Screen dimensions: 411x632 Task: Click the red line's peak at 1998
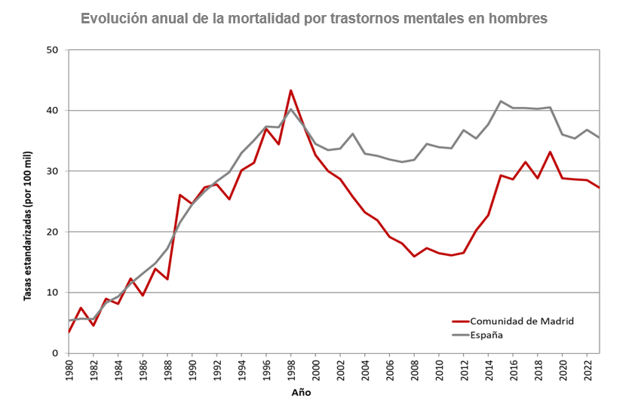(291, 90)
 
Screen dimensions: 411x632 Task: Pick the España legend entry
(486, 334)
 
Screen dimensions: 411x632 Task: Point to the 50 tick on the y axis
(53, 51)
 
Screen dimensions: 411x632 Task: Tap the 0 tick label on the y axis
(56, 353)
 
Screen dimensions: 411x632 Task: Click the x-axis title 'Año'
(300, 393)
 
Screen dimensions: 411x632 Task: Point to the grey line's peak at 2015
(501, 101)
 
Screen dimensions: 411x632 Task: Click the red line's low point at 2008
(414, 256)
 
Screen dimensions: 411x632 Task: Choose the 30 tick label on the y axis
(53, 171)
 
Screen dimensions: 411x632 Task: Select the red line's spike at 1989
(180, 195)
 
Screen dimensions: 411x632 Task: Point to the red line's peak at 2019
(550, 152)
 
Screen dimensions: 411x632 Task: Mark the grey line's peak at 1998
(291, 109)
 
